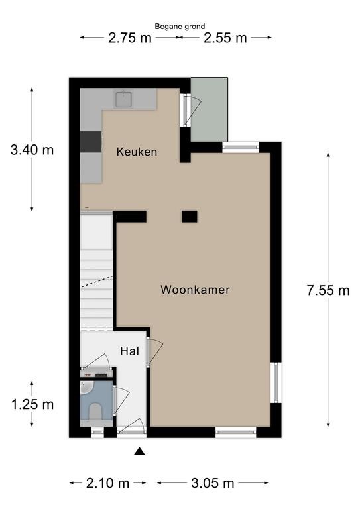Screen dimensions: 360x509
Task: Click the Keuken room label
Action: point(137,152)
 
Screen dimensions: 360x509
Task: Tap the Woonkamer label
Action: point(195,290)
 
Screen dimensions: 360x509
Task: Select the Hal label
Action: point(129,351)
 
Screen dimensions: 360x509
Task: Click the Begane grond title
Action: point(180,27)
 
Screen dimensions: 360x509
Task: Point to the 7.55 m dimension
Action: point(328,290)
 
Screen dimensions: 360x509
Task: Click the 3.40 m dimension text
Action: point(32,150)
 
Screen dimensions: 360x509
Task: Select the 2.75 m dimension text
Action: point(130,38)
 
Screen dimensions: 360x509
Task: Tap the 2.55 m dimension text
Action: point(225,38)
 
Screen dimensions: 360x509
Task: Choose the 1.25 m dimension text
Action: point(32,404)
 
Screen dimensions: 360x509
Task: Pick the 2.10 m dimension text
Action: point(107,483)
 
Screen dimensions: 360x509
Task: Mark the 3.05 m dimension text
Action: point(213,483)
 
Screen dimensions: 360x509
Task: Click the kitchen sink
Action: point(124,99)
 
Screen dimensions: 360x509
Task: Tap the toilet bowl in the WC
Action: point(95,411)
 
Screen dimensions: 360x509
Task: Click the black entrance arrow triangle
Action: point(140,451)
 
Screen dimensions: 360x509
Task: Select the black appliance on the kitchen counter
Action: point(91,142)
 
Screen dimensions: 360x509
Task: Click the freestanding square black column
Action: point(189,217)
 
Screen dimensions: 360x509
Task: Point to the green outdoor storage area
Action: point(209,109)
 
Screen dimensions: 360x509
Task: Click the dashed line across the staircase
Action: point(97,282)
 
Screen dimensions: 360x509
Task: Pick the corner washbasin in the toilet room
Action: point(86,388)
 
